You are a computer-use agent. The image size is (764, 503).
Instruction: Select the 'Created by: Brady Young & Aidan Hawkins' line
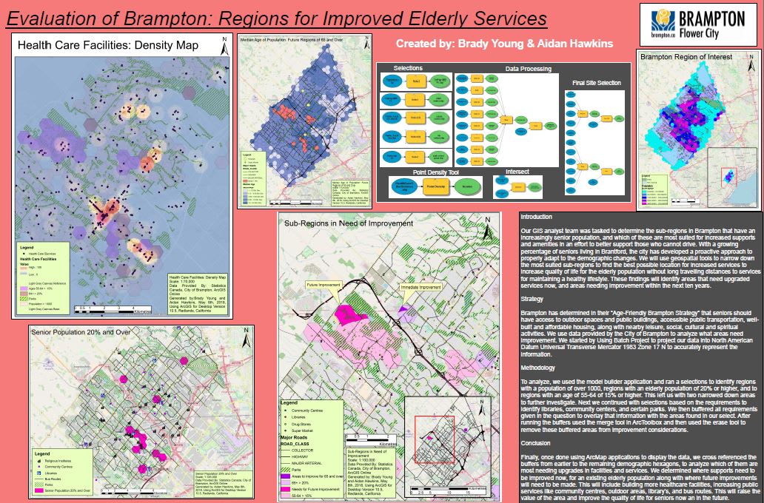[504, 44]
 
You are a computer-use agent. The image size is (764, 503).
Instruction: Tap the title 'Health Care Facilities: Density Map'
[108, 46]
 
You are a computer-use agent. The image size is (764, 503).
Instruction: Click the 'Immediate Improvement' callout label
[420, 287]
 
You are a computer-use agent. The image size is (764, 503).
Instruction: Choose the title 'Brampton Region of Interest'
[686, 56]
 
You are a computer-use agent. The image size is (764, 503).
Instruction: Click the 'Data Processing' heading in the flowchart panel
[528, 69]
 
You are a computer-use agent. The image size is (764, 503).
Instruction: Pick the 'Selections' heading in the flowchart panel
[408, 67]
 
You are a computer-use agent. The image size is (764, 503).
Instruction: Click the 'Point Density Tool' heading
[418, 171]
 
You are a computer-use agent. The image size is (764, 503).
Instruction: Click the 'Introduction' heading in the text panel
[537, 217]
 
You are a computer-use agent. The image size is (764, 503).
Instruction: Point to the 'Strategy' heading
[533, 300]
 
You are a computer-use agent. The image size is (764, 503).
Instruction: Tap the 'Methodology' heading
[538, 368]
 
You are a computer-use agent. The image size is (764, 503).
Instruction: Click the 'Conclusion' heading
[536, 443]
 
